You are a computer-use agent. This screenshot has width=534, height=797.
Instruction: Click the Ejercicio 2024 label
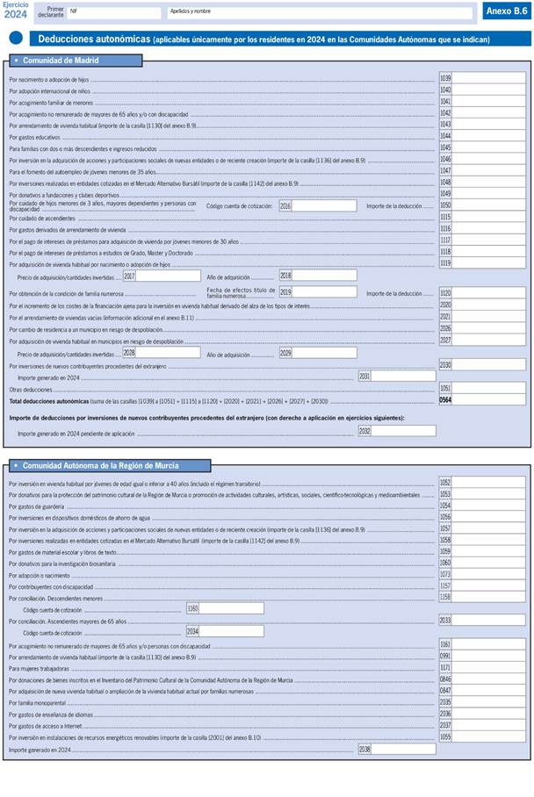tap(16, 10)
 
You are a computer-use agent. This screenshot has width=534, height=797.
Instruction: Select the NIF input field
tap(114, 13)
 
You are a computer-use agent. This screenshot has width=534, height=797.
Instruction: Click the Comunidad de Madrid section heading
tap(61, 61)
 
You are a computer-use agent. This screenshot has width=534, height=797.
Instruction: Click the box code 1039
tap(445, 79)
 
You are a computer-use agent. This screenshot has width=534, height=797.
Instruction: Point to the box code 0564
tap(445, 399)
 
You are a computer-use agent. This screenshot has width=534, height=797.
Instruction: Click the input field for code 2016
tap(324, 206)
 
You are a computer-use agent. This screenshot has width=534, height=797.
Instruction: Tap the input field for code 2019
tap(324, 292)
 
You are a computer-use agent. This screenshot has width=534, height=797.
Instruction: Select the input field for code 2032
tap(403, 432)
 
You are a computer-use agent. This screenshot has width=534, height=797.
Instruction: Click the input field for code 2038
tap(403, 750)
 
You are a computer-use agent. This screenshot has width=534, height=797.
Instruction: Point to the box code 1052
tap(445, 483)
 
